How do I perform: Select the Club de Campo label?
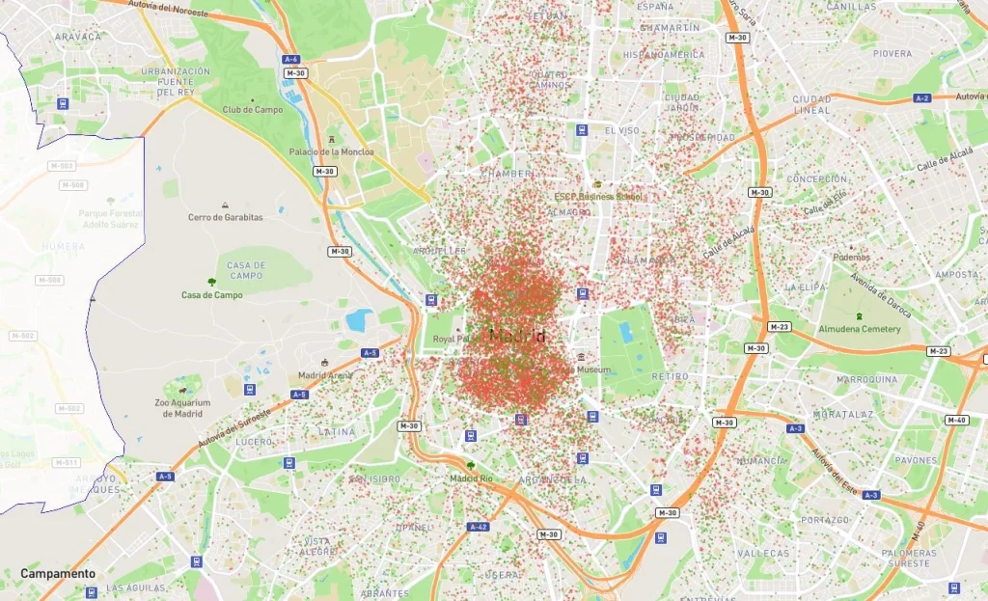(253, 110)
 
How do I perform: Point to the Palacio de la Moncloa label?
(330, 151)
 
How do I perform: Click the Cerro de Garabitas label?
(225, 217)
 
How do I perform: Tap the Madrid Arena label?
(325, 375)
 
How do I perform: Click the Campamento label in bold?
(58, 573)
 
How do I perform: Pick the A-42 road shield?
(478, 527)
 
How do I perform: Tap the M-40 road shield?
(956, 420)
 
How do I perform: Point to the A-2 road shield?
(922, 98)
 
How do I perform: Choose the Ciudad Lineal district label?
(811, 104)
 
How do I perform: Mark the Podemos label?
(852, 258)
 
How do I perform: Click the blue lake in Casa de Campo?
(358, 319)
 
